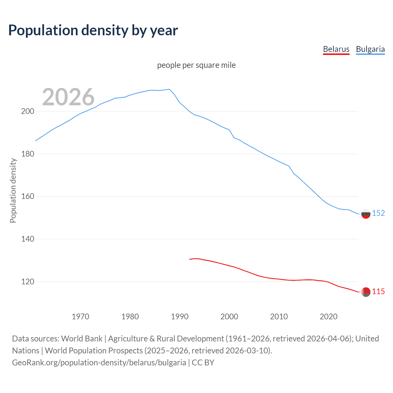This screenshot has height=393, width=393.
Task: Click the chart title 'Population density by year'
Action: coord(93,30)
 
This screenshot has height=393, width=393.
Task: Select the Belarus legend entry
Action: coord(336,49)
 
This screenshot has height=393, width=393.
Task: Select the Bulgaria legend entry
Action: coord(370,49)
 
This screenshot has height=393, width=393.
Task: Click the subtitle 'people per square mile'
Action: coord(196,65)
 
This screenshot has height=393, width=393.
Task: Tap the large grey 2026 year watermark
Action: coord(68,97)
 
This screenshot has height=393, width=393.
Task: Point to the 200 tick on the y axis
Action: coord(27,111)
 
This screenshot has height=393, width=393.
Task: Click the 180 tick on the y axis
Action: coord(27,154)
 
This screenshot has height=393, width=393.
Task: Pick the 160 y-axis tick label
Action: coord(27,196)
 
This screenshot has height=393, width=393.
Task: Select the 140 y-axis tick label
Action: coord(27,239)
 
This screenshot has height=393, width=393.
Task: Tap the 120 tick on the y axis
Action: coord(27,282)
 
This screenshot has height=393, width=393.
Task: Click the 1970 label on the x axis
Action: coord(80,317)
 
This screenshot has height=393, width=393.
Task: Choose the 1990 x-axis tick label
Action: coord(180,317)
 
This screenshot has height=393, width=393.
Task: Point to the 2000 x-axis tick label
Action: coord(229,317)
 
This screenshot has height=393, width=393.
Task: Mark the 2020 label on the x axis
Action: coord(329,317)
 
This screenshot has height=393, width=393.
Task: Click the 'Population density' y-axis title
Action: coord(13,190)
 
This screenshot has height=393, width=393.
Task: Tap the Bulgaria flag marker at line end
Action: coord(366,214)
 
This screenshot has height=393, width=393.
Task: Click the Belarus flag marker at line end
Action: coord(366,292)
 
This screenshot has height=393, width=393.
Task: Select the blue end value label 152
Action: coord(378,213)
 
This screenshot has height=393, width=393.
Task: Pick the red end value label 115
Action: coord(378,291)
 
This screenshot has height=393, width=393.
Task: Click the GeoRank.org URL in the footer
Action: coord(99,363)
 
